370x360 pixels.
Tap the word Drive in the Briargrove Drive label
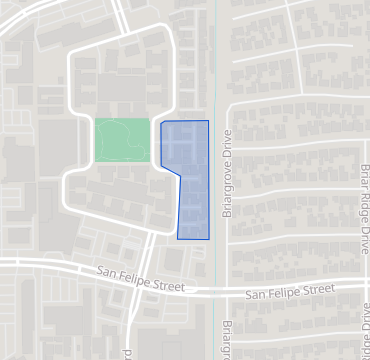(227, 145)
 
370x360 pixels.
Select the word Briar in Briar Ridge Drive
(364, 179)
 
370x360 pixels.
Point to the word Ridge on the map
(364, 209)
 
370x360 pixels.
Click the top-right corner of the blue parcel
(209, 121)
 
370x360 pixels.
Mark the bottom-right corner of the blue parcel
(209, 239)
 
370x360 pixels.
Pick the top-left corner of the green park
(96, 120)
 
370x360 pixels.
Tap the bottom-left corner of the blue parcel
(178, 239)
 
